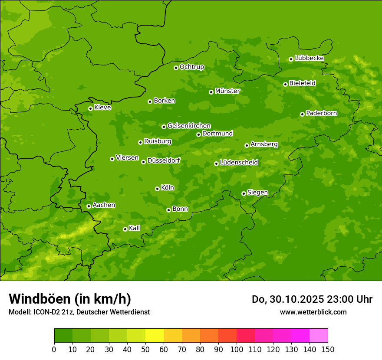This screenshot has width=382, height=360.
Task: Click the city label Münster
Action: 227,91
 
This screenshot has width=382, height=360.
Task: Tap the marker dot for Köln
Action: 157,189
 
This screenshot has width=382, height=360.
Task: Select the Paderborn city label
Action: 321,113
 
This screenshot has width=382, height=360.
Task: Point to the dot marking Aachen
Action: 89,206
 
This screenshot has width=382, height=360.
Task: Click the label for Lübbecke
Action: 309,58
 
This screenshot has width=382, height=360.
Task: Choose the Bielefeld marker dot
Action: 285,84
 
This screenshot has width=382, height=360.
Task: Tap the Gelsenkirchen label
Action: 189,126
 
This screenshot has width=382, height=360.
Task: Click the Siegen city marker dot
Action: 244,193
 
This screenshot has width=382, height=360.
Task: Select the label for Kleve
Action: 102,108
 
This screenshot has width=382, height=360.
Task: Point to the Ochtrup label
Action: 191,67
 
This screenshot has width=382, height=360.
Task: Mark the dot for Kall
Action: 125,229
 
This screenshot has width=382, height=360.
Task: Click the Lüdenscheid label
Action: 239,163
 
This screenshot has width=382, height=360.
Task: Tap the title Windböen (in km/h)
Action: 70,299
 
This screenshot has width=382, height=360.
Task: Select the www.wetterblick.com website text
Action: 313,312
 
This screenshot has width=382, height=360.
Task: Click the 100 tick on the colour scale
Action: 237,349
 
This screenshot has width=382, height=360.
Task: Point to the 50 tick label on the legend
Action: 145,349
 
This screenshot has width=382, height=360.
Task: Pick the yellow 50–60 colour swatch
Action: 155,336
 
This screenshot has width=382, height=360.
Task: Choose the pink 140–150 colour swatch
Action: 319,336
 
